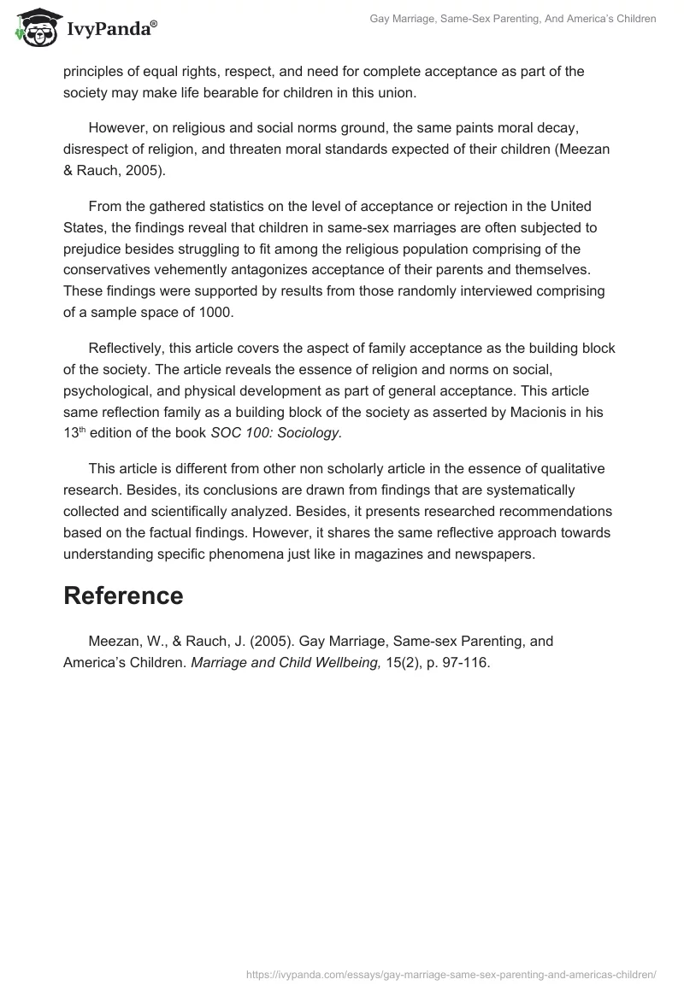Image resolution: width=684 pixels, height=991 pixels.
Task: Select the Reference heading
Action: point(123,595)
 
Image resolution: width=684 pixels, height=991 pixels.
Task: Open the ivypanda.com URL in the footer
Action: point(451,973)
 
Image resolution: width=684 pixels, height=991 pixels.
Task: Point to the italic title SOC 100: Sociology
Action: point(275,432)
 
